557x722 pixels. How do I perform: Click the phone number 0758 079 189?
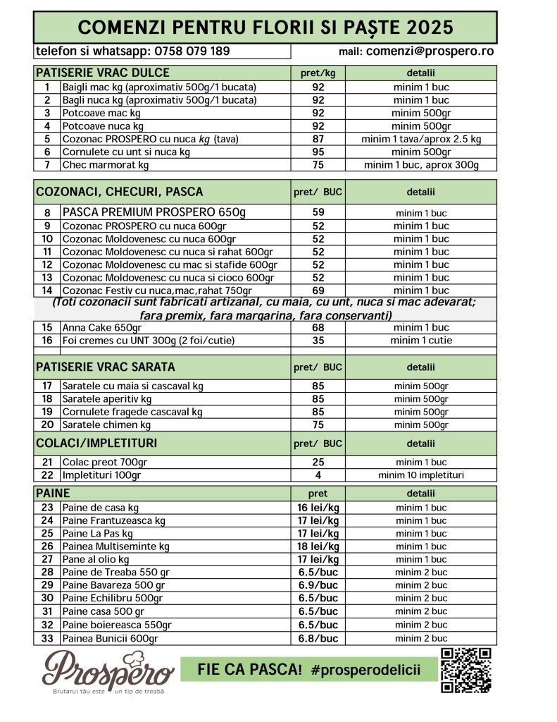192,51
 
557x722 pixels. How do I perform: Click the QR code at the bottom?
465,671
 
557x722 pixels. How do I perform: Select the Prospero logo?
108,672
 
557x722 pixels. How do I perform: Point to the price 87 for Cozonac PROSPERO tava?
318,140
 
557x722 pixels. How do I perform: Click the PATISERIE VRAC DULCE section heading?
102,73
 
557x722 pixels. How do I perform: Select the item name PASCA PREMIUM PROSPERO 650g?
154,212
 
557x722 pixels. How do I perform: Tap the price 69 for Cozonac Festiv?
318,290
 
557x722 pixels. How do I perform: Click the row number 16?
47,341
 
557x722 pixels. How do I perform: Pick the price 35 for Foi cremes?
318,341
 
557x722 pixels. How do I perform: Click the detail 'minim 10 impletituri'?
420,475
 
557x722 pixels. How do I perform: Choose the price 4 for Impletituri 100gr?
318,475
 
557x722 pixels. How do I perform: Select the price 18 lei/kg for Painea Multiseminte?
318,546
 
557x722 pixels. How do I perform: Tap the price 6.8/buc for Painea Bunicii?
318,638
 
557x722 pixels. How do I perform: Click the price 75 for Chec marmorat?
318,165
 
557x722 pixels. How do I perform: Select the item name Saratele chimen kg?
106,425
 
